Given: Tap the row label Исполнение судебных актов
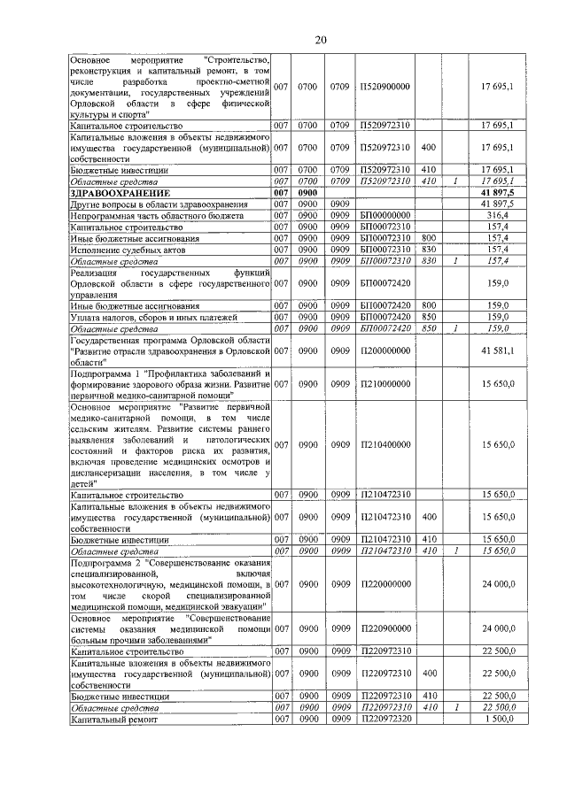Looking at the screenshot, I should (x=127, y=250).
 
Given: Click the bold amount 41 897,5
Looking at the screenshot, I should (x=498, y=192).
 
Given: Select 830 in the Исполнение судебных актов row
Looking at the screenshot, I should (x=428, y=250).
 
